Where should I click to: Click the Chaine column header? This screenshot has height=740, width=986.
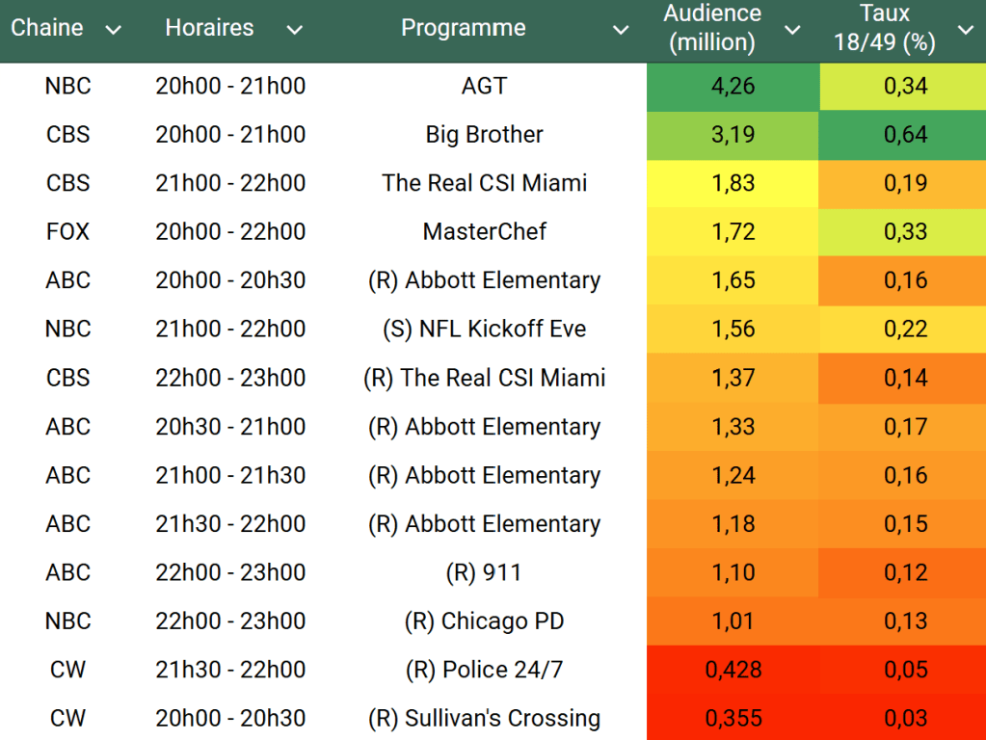[46, 29]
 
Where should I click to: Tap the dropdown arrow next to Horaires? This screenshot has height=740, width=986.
[295, 31]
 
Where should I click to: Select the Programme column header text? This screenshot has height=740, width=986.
[464, 29]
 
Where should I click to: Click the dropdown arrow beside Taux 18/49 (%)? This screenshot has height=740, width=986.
[965, 31]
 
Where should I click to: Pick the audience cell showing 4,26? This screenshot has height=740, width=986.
[733, 86]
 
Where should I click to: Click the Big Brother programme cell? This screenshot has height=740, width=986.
[484, 135]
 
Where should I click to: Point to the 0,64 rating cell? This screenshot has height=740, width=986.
[905, 135]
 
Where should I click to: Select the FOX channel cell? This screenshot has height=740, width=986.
[67, 232]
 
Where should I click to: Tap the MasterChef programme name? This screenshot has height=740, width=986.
[484, 232]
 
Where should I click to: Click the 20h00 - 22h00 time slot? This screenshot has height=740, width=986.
[230, 232]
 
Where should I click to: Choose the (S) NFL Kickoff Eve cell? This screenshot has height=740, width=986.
[484, 330]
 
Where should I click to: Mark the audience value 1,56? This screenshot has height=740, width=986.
[733, 330]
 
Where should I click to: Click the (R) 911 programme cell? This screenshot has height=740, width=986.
[484, 572]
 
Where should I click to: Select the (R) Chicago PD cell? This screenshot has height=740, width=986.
[484, 621]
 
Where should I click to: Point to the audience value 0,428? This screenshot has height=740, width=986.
[733, 670]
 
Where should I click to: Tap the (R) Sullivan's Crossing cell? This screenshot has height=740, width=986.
[484, 719]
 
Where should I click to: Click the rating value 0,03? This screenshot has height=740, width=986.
[905, 719]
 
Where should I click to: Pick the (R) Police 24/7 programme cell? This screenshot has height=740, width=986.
[484, 670]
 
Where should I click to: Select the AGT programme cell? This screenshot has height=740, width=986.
[484, 86]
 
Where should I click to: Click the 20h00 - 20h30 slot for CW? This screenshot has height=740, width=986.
[230, 719]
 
